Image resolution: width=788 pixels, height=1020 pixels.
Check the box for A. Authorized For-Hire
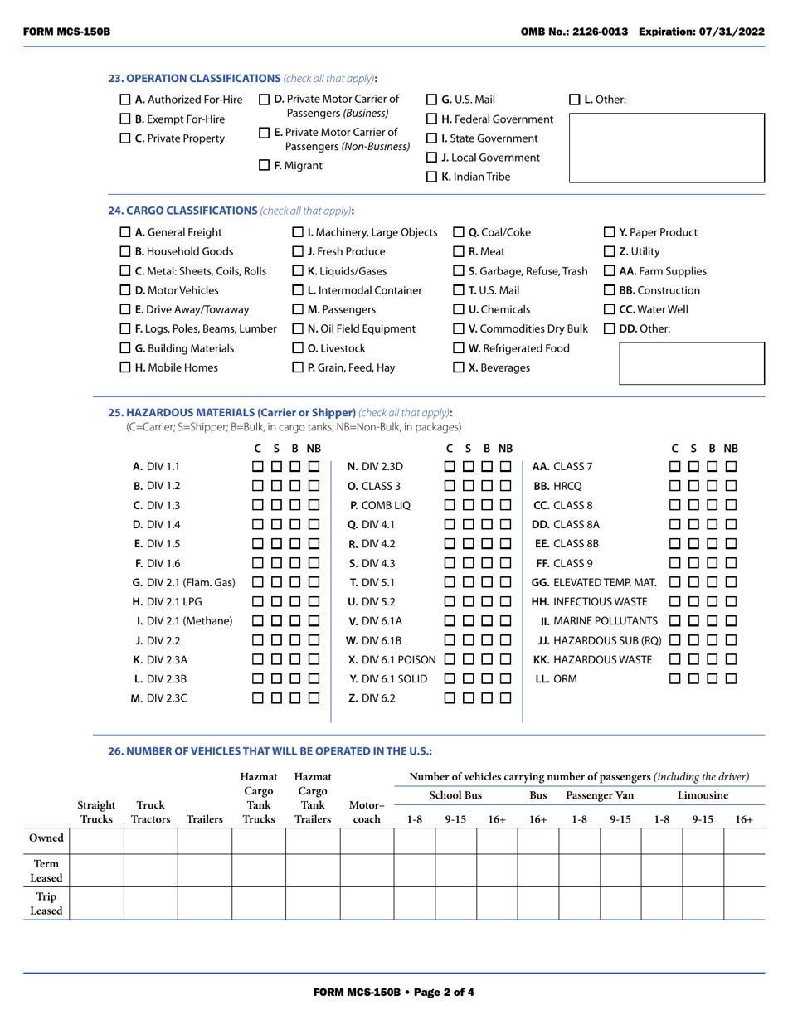(125, 100)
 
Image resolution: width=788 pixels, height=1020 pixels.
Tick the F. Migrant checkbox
(265, 166)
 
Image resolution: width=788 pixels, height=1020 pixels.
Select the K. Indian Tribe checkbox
(431, 177)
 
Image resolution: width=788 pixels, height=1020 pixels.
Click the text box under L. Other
(666, 148)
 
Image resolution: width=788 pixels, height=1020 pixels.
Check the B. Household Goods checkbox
(125, 251)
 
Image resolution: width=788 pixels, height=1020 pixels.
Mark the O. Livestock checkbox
(299, 348)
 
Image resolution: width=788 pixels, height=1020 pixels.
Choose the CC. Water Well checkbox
(608, 309)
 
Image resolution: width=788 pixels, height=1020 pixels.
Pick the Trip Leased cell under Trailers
(204, 903)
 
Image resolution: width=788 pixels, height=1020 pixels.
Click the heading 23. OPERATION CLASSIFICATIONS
(194, 79)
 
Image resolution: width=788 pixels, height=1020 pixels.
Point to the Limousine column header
(703, 795)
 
